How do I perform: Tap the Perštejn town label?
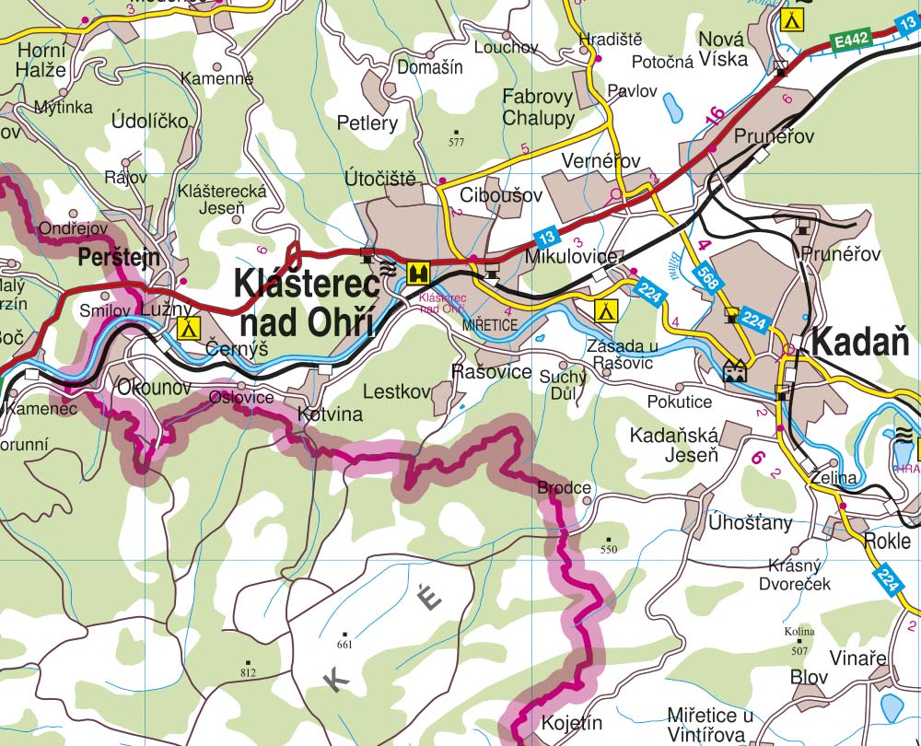tap(120, 257)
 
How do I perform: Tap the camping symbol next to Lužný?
tap(189, 326)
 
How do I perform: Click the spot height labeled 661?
tap(344, 645)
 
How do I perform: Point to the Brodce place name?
tap(564, 487)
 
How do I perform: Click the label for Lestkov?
tap(397, 392)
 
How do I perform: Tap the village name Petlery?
tap(367, 122)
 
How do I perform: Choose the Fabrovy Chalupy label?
tap(538, 107)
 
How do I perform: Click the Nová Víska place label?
tap(728, 50)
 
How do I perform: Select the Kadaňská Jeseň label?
tap(674, 445)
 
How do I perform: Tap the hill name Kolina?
tap(799, 632)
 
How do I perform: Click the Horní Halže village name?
tap(41, 59)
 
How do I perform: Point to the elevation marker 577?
tap(456, 142)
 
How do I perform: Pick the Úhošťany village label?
tap(750, 523)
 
